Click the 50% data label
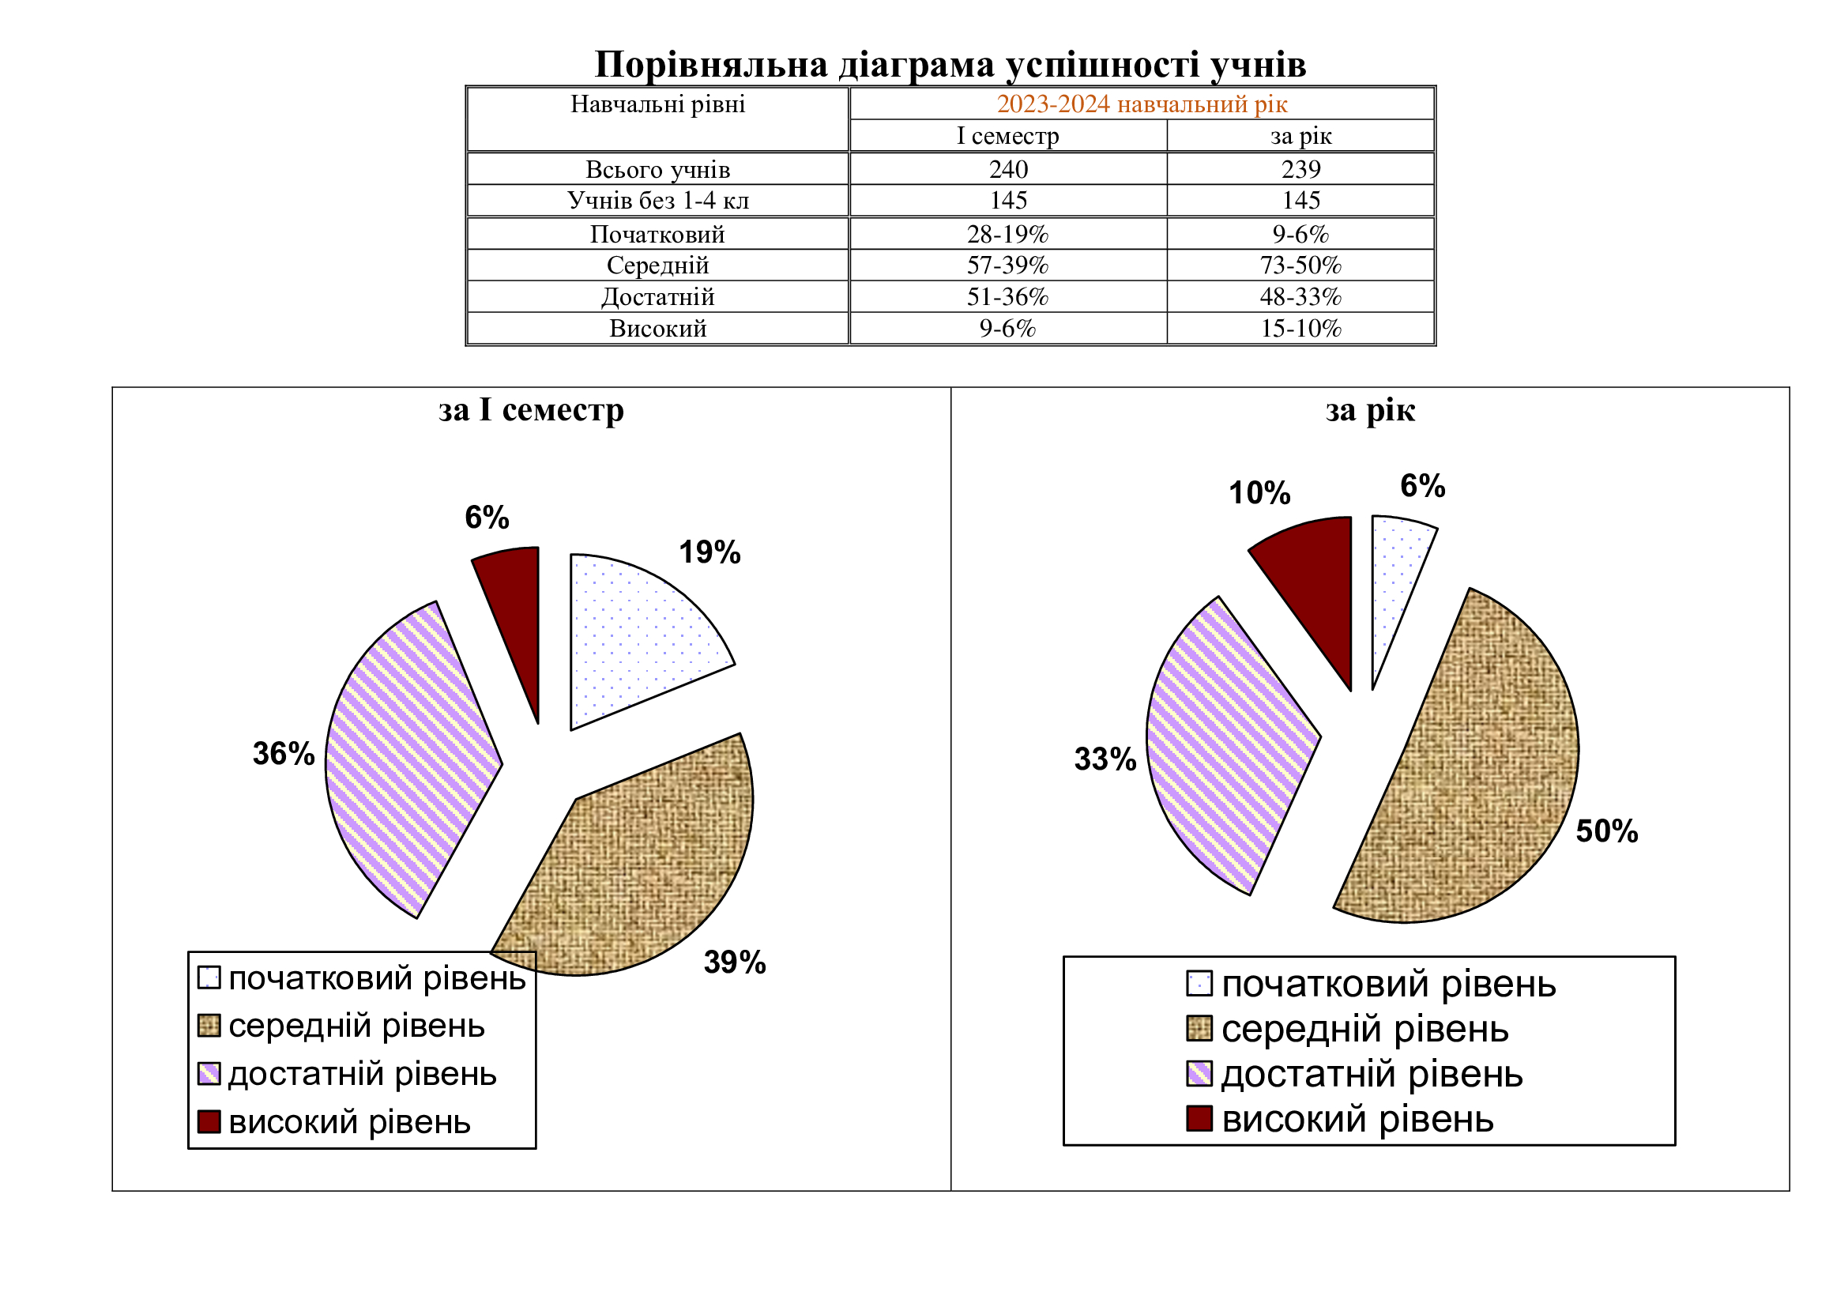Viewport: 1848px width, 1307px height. pos(1606,831)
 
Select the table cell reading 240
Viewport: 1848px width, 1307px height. pos(1008,169)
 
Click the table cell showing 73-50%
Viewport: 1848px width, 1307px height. pos(1300,265)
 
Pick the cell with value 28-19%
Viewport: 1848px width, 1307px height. pos(1007,234)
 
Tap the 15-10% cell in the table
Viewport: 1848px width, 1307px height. pos(1300,329)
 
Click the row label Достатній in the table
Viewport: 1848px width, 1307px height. pos(657,297)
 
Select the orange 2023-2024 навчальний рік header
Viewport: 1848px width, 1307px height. pos(1142,104)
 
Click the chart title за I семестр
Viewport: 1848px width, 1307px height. pos(531,410)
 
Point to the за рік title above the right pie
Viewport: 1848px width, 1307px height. pos(1370,410)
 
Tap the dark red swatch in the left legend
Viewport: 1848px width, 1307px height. pos(209,1121)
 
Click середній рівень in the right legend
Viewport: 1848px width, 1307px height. pos(1365,1030)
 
